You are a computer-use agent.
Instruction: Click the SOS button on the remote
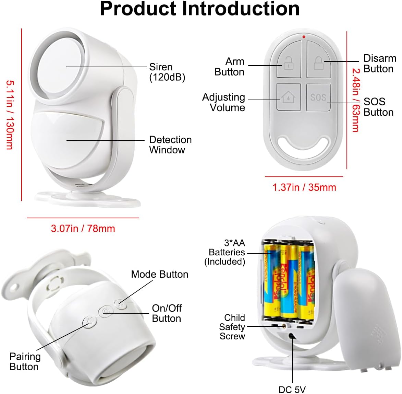pos(318,97)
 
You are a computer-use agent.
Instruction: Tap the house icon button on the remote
pos(289,97)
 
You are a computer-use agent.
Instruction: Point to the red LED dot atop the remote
pos(304,37)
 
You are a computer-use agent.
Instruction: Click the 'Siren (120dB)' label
pos(167,72)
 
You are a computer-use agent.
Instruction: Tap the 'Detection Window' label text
pos(170,145)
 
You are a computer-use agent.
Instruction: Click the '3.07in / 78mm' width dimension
pos(83,229)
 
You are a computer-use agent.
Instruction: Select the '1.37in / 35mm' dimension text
pos(304,187)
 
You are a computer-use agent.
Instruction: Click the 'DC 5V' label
pos(292,390)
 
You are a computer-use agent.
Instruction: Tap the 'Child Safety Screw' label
pos(232,327)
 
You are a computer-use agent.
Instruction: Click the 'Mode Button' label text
pos(159,274)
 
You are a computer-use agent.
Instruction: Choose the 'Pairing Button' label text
pos(25,361)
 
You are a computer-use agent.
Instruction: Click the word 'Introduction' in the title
pos(241,9)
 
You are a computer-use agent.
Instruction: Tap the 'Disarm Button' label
pos(380,63)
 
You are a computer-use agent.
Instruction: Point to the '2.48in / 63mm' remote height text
pos(356,100)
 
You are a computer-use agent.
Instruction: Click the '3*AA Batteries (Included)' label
pos(225,252)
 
